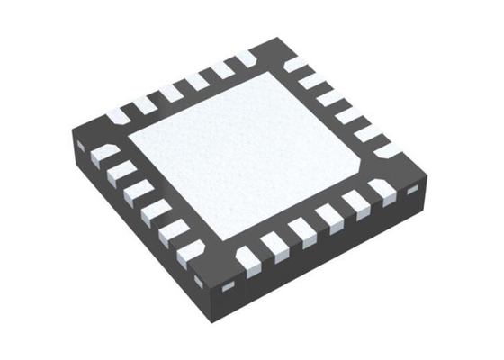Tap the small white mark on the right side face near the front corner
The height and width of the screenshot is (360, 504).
point(229,285)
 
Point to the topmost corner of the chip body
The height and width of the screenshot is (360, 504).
point(270,39)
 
